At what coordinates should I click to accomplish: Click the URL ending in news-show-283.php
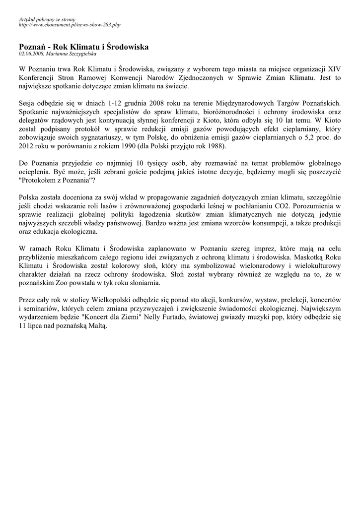(69, 24)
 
